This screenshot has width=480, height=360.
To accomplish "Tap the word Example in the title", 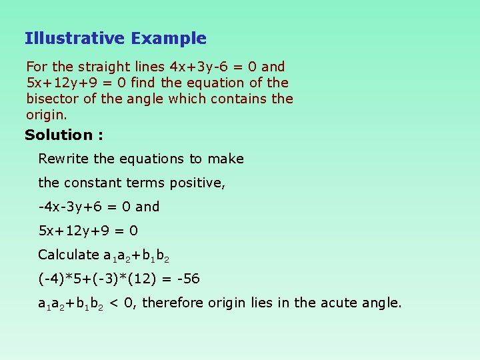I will pyautogui.click(x=169, y=39).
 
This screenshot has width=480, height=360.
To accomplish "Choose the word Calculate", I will pyautogui.click(x=68, y=255).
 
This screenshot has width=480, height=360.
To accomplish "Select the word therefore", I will pyautogui.click(x=173, y=303).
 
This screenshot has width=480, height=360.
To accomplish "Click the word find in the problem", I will pyautogui.click(x=144, y=83).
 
